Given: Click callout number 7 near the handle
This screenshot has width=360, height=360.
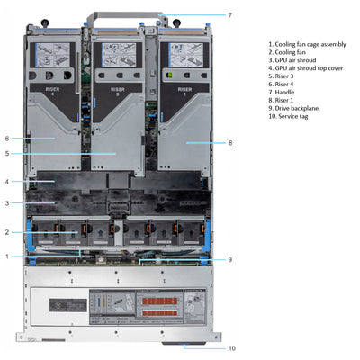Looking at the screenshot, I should (229, 14).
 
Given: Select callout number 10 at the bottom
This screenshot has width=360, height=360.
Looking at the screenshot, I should (231, 347).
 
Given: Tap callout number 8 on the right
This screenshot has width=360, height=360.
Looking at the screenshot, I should (230, 142).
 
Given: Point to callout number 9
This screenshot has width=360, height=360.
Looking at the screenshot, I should (230, 259).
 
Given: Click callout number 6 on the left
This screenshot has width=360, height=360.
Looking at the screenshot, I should (7, 139).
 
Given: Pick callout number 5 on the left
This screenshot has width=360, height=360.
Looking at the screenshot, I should (7, 154).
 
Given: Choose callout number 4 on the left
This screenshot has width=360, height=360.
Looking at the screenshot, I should (7, 182).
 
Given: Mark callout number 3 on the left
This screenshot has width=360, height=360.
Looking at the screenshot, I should (7, 203).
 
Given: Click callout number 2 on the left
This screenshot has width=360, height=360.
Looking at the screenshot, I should (7, 232).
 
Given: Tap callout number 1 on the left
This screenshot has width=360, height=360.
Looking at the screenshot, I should (7, 256).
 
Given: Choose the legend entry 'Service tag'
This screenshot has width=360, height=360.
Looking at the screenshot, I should (292, 116).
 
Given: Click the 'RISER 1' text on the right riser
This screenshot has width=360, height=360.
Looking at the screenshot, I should (184, 92).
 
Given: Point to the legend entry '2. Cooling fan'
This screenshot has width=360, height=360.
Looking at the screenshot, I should (292, 52).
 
